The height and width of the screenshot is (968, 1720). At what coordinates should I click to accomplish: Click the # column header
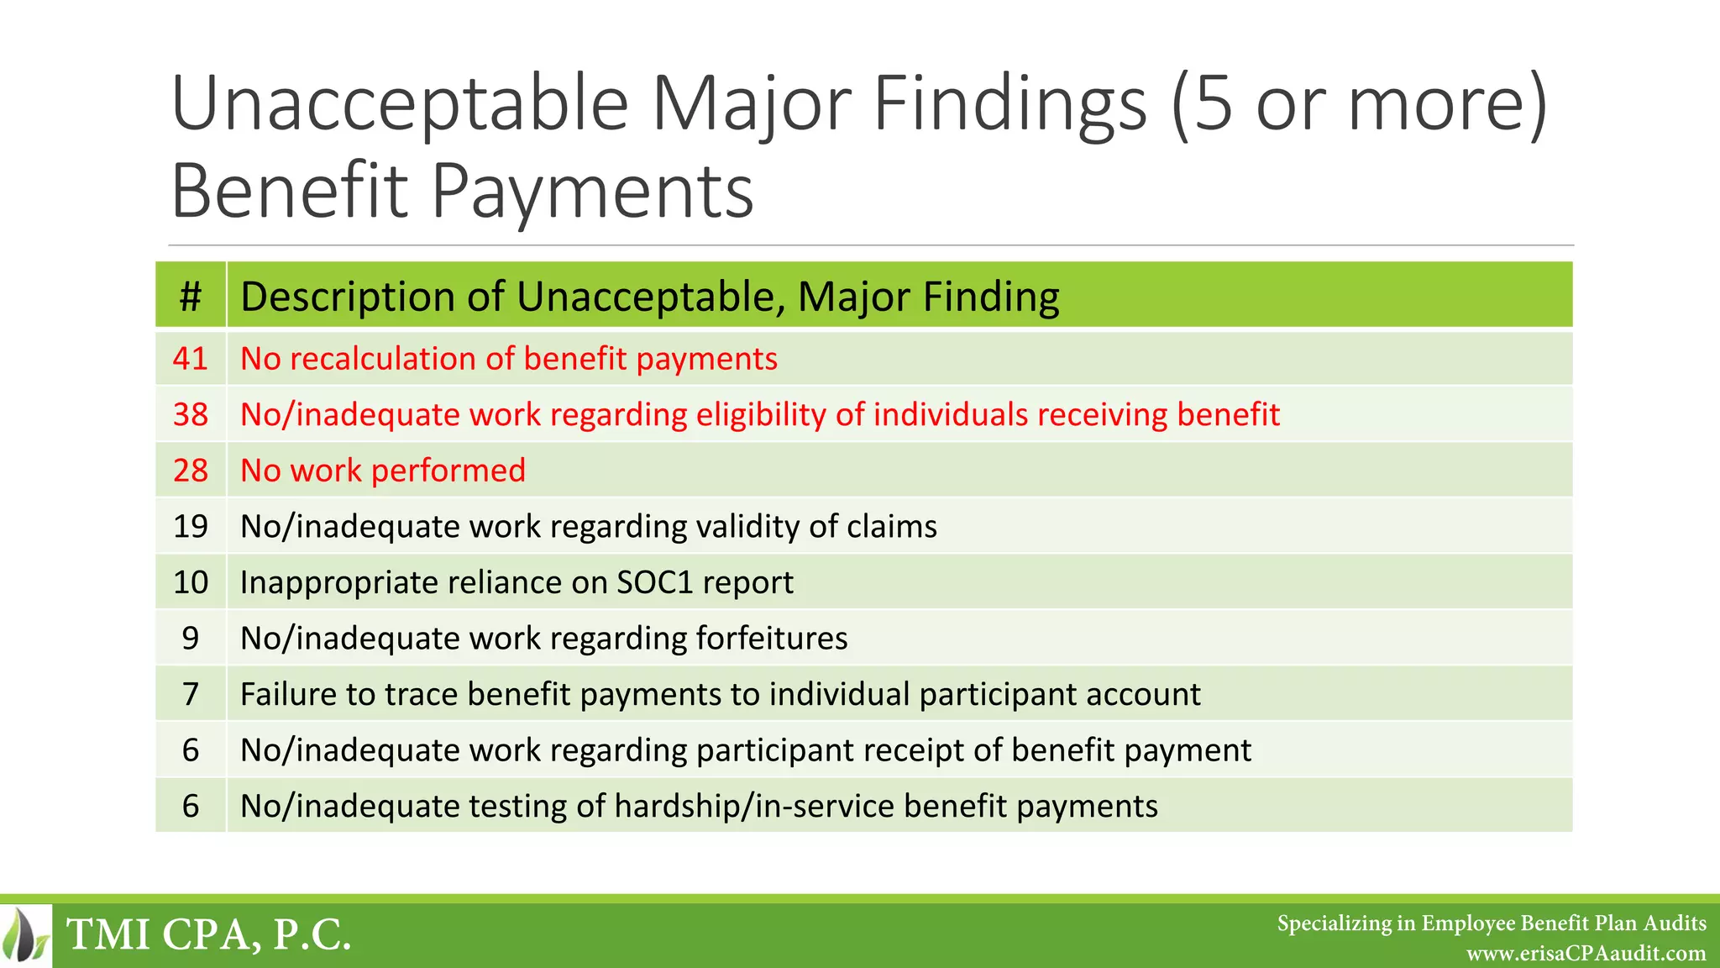pos(191,296)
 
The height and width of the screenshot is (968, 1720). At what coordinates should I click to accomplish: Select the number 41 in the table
pos(191,359)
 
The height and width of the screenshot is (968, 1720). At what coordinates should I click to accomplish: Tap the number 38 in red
pos(191,414)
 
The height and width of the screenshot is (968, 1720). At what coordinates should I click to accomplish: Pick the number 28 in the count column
pos(191,471)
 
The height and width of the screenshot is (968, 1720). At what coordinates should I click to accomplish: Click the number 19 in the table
pos(191,526)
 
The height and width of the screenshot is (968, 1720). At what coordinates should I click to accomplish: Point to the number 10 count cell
pos(191,582)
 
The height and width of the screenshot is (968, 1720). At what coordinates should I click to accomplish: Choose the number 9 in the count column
pos(191,639)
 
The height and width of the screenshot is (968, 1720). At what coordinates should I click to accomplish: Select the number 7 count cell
pos(191,694)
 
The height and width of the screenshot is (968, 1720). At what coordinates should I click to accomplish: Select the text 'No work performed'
pos(383,471)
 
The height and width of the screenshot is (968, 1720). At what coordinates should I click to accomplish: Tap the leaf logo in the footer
pos(26,934)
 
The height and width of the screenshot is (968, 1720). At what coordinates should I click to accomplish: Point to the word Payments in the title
pos(592,192)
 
